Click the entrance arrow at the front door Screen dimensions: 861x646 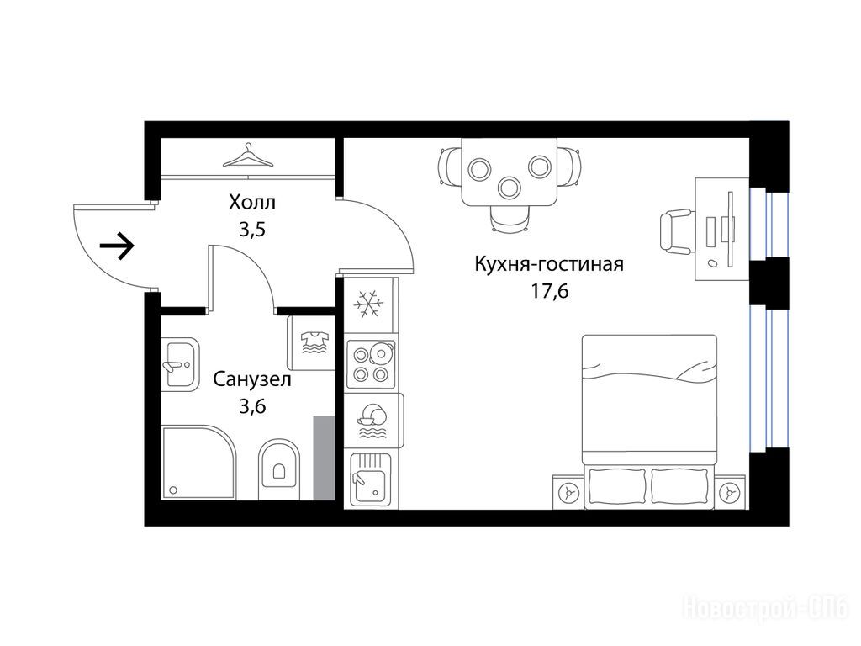click(117, 246)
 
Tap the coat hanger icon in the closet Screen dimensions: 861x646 click(248, 156)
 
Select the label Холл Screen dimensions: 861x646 click(252, 203)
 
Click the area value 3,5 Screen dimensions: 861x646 click(252, 229)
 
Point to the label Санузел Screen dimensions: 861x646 click(252, 379)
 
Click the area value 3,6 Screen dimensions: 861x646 click(252, 406)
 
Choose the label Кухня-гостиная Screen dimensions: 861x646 click(549, 264)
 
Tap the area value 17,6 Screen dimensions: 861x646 click(549, 291)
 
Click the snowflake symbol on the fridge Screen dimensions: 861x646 click(368, 304)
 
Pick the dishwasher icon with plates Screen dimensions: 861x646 click(372, 421)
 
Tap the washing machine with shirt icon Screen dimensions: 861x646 click(311, 343)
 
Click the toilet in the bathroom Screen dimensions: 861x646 click(279, 469)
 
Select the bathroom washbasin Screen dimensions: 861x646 click(180, 363)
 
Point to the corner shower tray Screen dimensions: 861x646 click(198, 462)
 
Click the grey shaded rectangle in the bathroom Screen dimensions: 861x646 click(324, 458)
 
